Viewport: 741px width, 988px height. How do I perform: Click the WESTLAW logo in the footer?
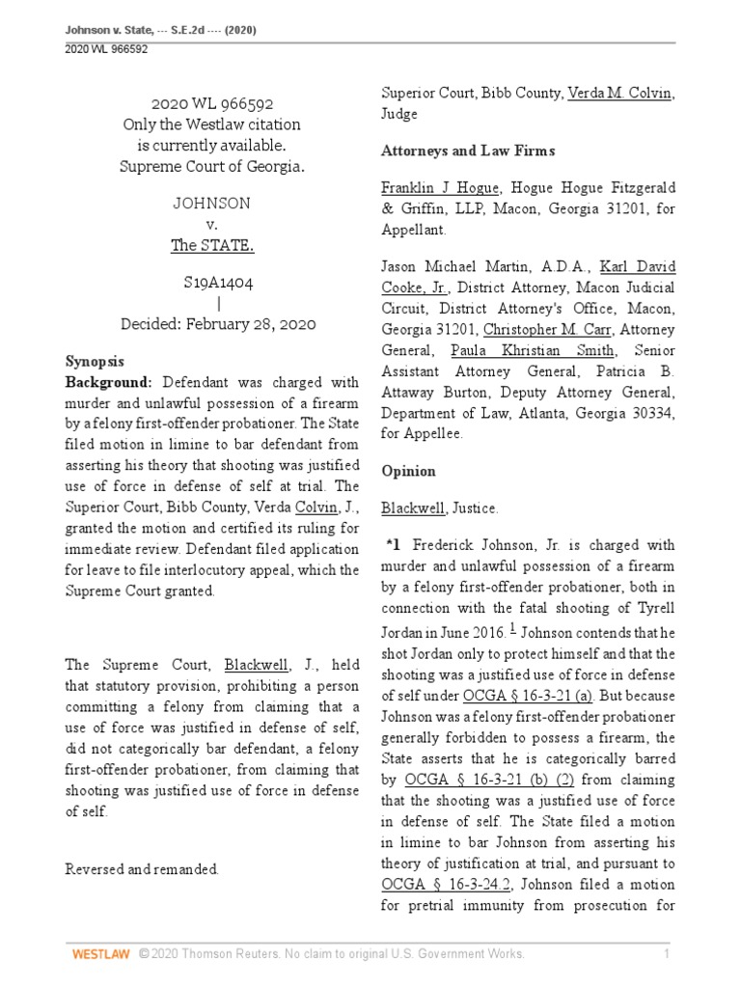pos(101,954)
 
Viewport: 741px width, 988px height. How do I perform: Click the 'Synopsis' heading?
pos(95,362)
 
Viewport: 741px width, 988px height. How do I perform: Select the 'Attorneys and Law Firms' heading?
pos(467,151)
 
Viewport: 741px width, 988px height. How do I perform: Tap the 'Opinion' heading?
pos(408,472)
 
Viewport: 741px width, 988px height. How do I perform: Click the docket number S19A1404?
pos(212,283)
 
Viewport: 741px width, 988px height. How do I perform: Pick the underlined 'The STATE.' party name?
pos(212,245)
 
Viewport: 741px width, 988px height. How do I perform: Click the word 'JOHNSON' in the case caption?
pos(212,204)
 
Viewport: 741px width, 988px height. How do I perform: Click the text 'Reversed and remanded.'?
pos(142,869)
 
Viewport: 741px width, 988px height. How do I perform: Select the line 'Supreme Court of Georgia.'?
pos(212,165)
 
